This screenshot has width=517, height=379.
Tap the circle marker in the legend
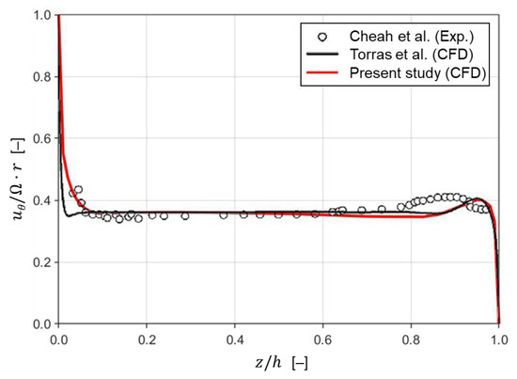(x=324, y=37)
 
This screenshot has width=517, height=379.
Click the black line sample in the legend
(x=324, y=55)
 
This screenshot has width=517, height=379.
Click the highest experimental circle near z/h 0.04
(x=78, y=190)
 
